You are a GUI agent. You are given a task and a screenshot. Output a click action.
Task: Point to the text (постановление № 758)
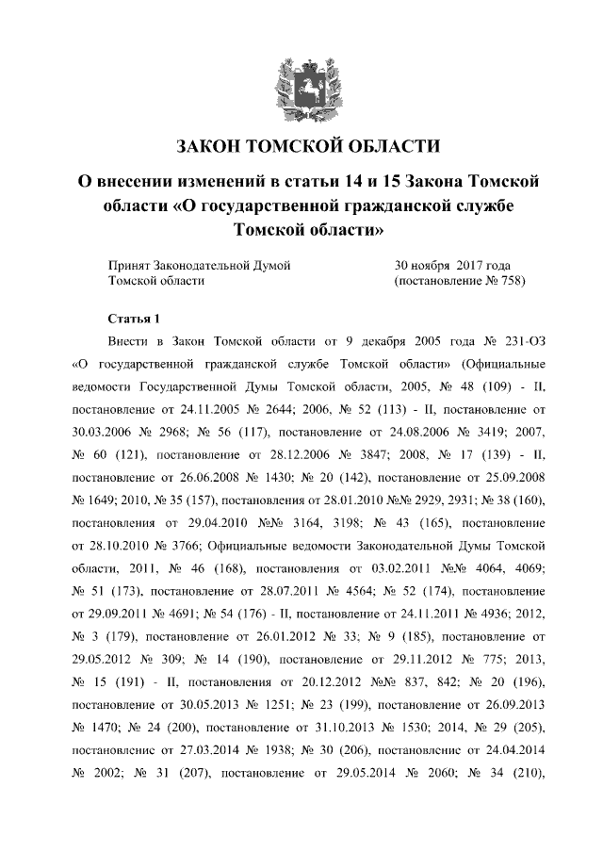[x=458, y=281]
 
